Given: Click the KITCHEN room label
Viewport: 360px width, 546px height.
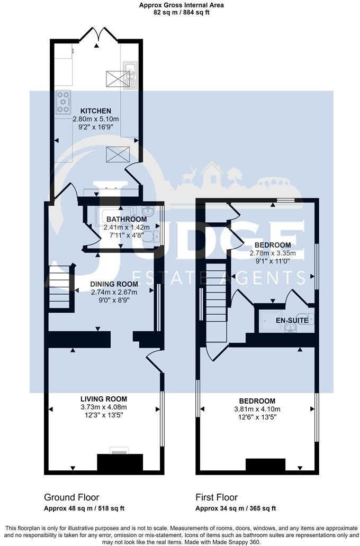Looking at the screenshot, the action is [x=96, y=111].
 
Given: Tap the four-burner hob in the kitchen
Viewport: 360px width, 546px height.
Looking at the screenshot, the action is [x=64, y=102].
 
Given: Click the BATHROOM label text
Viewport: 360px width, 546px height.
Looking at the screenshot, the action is [x=127, y=219].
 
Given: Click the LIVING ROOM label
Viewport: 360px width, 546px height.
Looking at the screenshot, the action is [x=104, y=398].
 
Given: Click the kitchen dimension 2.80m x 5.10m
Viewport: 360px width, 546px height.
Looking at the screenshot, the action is [x=96, y=119].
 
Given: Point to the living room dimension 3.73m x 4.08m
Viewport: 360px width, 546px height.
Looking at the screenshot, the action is [x=104, y=407].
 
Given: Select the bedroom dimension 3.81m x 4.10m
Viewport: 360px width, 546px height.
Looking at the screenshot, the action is [x=257, y=409].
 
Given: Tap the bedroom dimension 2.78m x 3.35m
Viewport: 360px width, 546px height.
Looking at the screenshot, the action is [x=273, y=253].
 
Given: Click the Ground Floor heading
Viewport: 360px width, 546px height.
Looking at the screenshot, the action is [x=71, y=497].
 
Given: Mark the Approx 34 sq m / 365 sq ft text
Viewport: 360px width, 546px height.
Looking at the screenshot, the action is [x=236, y=508].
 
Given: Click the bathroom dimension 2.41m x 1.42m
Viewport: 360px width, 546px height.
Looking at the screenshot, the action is [x=127, y=228].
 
